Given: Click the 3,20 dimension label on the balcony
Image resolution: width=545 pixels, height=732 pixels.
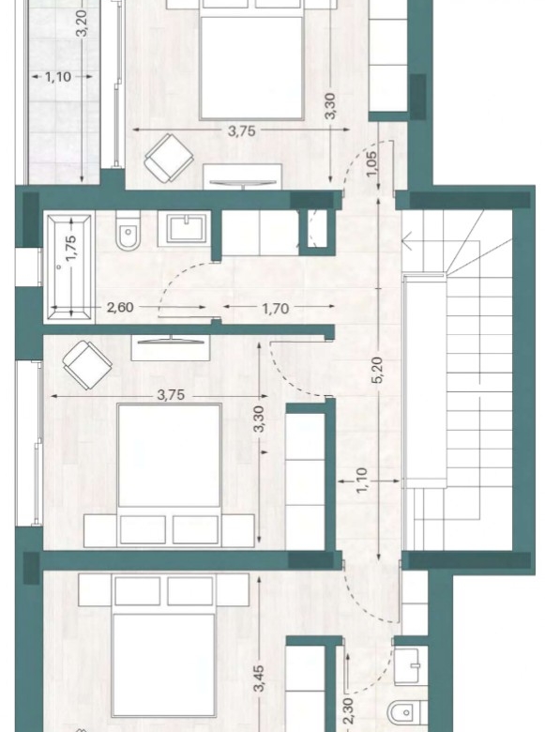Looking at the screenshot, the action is (x=82, y=23).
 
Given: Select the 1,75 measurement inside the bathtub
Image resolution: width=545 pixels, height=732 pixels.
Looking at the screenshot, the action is (x=71, y=249).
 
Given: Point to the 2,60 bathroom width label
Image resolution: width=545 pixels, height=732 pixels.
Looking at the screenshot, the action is (x=120, y=308).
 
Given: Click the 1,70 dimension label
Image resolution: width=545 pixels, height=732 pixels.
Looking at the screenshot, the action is (x=275, y=309).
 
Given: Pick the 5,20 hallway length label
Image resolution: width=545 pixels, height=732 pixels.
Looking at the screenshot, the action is (x=377, y=370).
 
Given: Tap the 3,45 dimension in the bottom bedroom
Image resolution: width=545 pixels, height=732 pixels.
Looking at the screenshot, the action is (x=260, y=679).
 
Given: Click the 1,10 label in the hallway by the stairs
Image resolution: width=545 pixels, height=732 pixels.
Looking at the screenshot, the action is (x=362, y=480).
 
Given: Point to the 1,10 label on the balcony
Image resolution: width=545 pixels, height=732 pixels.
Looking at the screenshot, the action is (x=58, y=77).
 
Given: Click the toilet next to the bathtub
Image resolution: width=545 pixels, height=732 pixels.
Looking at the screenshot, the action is (x=129, y=230).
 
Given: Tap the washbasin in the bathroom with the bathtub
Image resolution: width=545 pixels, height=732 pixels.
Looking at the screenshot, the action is (x=184, y=228).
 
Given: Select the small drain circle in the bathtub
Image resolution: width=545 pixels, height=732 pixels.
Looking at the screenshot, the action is (x=59, y=267).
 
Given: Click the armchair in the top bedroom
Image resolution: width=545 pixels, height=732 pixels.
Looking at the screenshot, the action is (x=169, y=159).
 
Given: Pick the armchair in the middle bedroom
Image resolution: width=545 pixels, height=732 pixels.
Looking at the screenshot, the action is (x=87, y=365).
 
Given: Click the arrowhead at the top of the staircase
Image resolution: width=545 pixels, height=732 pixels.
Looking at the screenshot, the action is (x=405, y=241).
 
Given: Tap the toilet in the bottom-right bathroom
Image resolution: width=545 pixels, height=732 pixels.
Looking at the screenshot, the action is (x=404, y=714).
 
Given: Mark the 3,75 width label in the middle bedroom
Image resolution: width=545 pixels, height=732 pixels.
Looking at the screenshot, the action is (x=171, y=395).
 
